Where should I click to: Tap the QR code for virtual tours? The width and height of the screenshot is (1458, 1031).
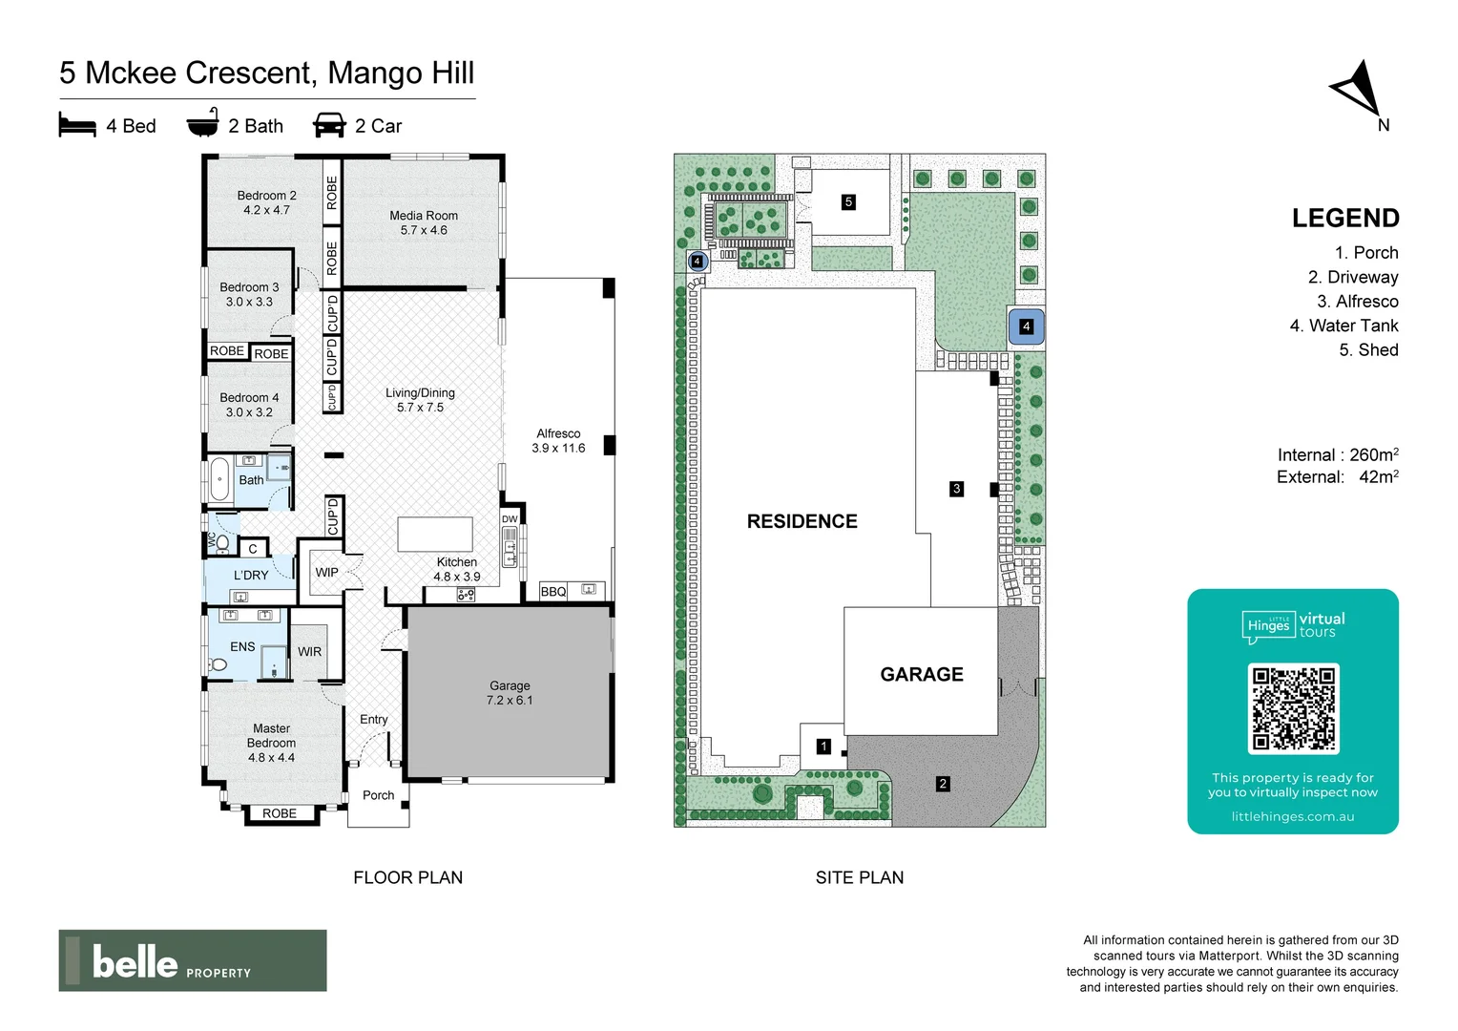[x=1293, y=708]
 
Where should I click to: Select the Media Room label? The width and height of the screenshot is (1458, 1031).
[x=424, y=222]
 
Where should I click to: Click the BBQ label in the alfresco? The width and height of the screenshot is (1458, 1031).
[x=553, y=592]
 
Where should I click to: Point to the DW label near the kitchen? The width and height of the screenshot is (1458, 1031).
[x=510, y=519]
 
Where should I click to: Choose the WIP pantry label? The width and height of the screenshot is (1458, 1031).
[x=326, y=573]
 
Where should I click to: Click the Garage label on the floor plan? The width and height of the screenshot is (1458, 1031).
[x=510, y=692]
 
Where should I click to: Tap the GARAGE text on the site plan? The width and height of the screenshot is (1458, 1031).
[x=922, y=674]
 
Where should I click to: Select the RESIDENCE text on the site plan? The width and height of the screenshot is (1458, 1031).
[x=802, y=521]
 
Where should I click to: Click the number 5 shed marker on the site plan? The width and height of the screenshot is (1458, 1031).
[x=848, y=201]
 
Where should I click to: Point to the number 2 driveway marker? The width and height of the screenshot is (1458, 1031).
[x=943, y=784]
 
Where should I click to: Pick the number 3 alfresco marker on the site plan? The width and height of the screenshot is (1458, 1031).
[x=956, y=489]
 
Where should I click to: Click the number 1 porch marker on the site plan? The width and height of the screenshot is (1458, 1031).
[x=823, y=747]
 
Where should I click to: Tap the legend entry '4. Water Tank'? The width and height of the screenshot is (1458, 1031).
[x=1343, y=326]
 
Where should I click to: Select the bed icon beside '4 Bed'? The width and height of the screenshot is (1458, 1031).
[x=77, y=125]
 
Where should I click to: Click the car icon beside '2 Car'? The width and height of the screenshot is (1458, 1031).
[x=329, y=125]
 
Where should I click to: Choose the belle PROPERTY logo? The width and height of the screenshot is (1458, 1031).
[x=193, y=960]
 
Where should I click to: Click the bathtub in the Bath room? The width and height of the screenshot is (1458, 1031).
[x=219, y=479]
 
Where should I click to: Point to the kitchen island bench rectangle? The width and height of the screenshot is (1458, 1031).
[x=435, y=535]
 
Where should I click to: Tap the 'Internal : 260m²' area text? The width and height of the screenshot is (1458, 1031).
[x=1338, y=455]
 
